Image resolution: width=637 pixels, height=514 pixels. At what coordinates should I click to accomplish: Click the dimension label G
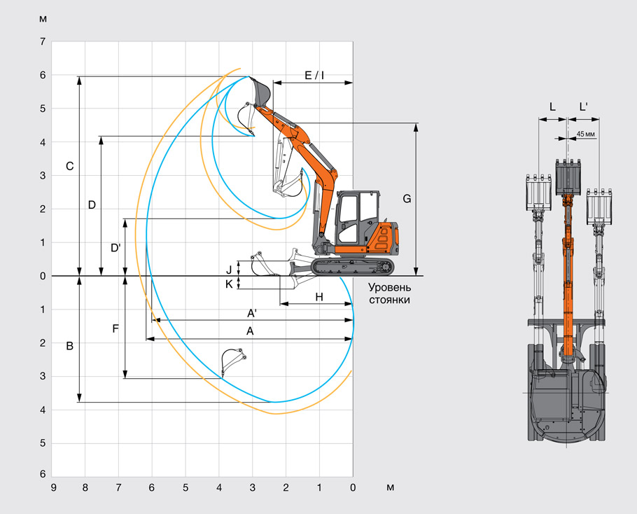407,199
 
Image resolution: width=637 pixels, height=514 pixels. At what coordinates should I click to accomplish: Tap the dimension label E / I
314,75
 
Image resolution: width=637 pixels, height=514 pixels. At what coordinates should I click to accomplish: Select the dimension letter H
319,297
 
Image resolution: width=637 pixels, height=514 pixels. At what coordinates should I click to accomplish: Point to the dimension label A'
252,313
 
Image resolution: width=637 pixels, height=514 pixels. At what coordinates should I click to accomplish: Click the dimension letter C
70,166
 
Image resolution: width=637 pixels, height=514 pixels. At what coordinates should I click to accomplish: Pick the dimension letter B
69,346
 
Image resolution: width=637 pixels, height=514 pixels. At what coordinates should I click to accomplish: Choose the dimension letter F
115,328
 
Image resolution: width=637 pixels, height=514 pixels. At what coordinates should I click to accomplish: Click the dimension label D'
115,247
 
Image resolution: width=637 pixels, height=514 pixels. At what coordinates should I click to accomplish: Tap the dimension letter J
229,270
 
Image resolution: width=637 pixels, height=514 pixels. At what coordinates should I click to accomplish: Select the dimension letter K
229,284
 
